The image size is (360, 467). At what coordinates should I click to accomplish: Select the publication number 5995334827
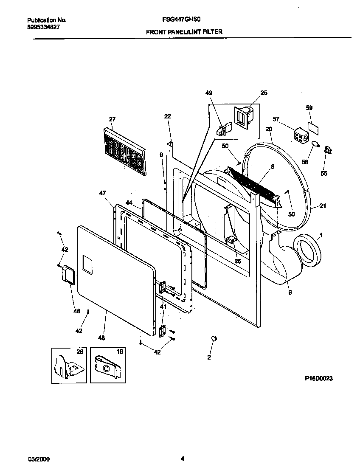click(x=43, y=27)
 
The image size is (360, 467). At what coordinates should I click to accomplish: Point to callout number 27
click(x=112, y=119)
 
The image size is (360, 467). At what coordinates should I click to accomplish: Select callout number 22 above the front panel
click(x=167, y=116)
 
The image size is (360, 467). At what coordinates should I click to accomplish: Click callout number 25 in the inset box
click(x=264, y=93)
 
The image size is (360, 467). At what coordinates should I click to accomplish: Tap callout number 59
click(x=309, y=108)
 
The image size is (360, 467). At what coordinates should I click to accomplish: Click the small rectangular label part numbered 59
click(x=314, y=127)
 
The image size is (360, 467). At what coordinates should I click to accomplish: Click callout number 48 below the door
click(x=101, y=338)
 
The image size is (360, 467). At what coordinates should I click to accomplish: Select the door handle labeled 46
click(x=67, y=274)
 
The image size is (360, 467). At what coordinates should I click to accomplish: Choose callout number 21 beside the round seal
click(x=323, y=206)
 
